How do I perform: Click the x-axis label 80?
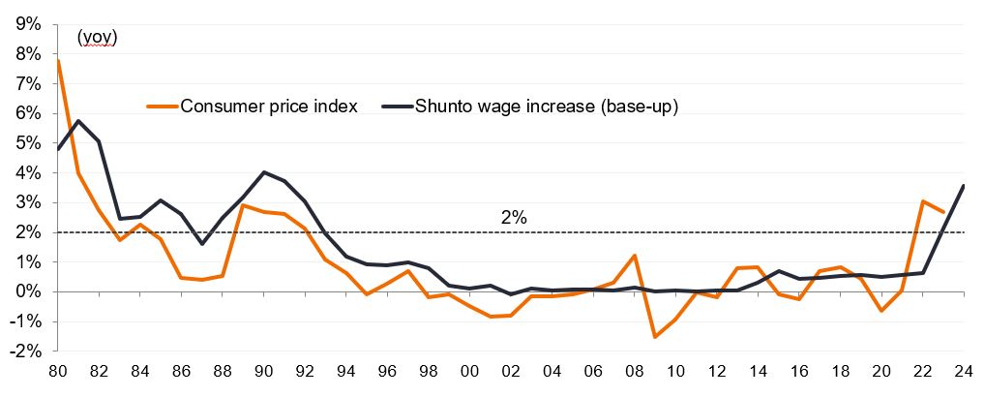58,371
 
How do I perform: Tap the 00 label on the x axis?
471,371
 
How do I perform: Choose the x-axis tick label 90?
265,371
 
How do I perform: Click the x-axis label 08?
637,371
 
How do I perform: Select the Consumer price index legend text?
269,107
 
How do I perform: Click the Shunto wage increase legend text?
547,107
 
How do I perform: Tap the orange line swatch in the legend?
162,107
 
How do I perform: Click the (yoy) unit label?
97,38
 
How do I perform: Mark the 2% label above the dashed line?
514,218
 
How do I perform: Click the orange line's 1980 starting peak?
58,61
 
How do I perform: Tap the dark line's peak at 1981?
78,121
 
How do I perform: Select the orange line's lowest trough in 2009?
657,337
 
